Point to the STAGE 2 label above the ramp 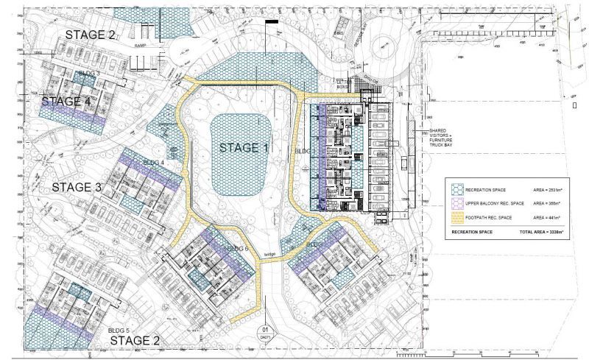pos(90,35)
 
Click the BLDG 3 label pos(88,74)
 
